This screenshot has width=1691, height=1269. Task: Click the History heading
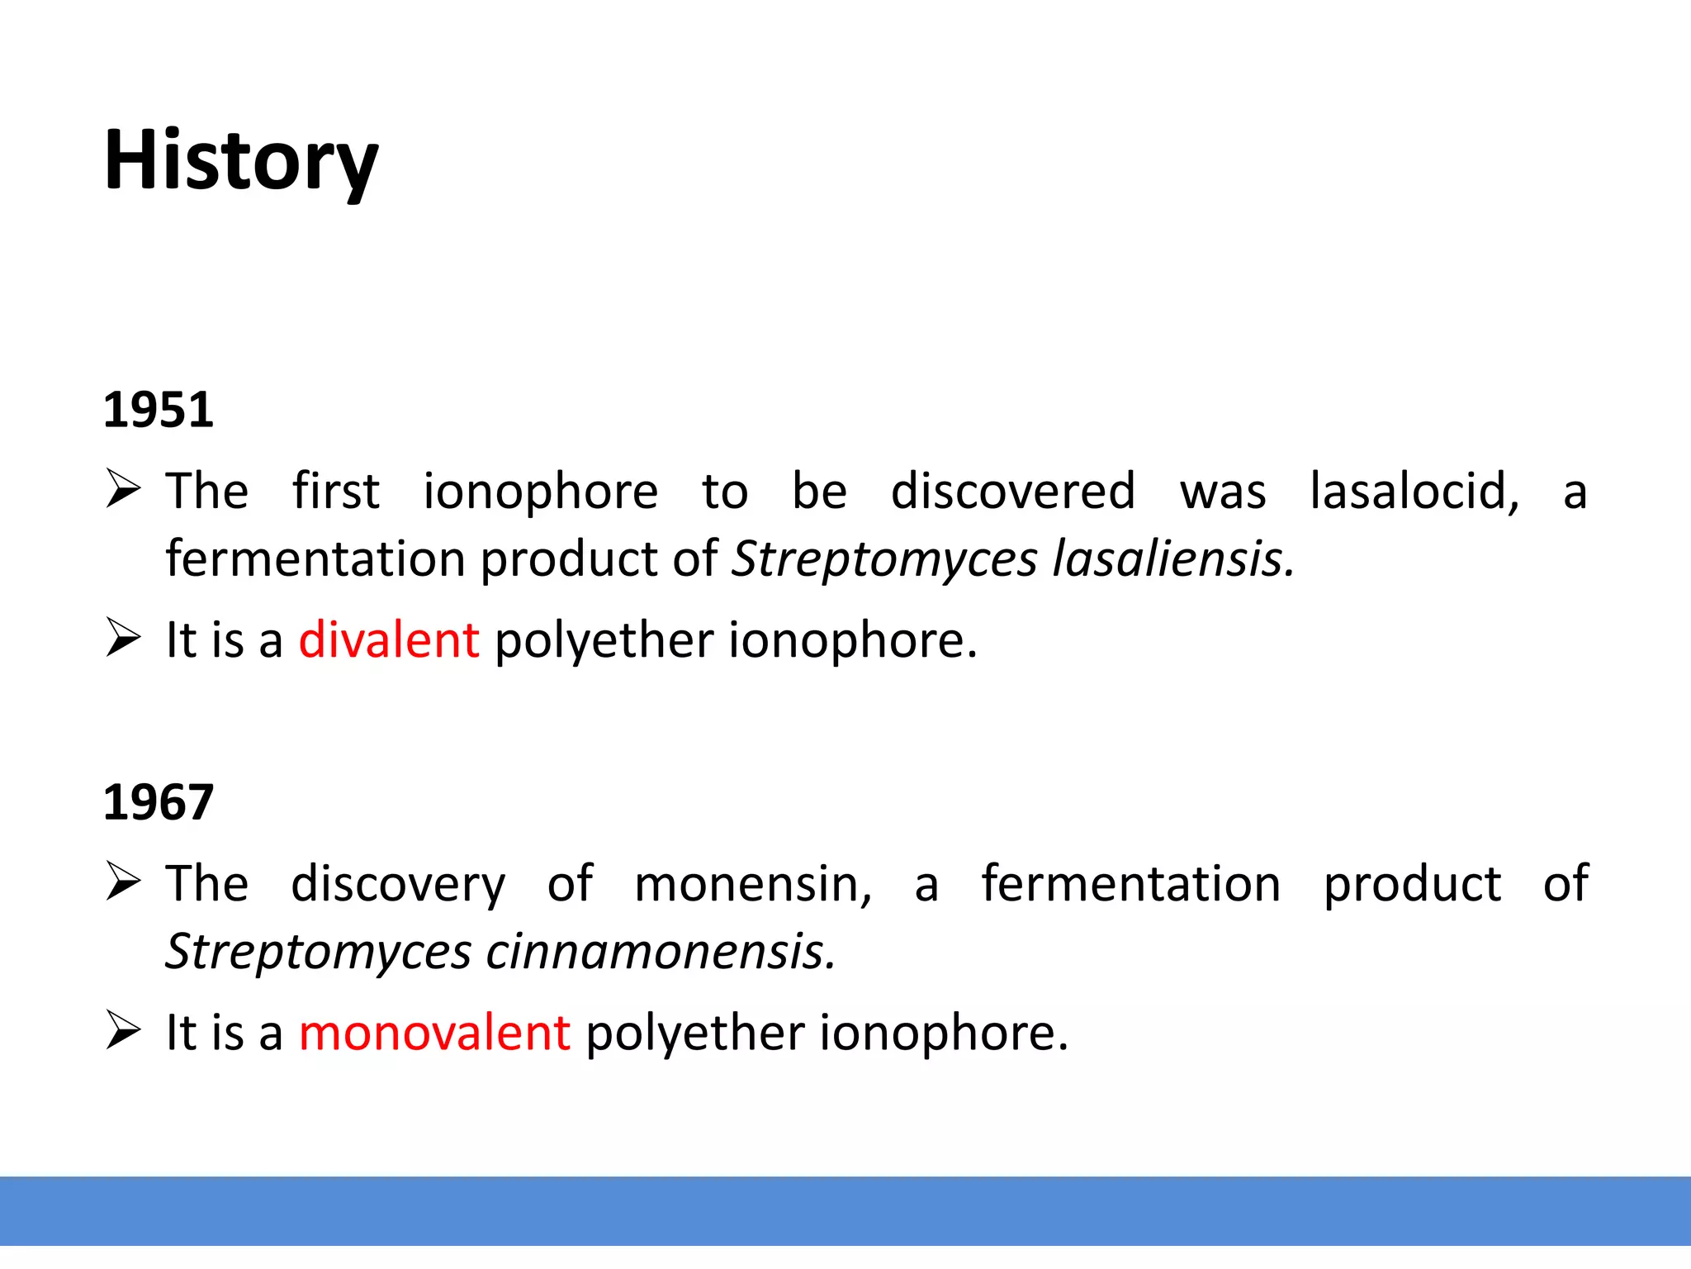pyautogui.click(x=240, y=161)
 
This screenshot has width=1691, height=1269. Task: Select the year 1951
pyautogui.click(x=158, y=410)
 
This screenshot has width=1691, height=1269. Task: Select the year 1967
pyautogui.click(x=158, y=802)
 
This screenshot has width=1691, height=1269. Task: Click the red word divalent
pyautogui.click(x=388, y=640)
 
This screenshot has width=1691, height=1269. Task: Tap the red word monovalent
pyautogui.click(x=433, y=1033)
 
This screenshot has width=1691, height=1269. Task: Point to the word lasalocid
pyautogui.click(x=1414, y=492)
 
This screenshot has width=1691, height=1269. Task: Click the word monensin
pyautogui.click(x=752, y=884)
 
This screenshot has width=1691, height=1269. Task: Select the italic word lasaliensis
pyautogui.click(x=1172, y=559)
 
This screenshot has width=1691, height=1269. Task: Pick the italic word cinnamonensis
pyautogui.click(x=661, y=952)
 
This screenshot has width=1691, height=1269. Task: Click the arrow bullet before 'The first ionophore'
pyautogui.click(x=123, y=489)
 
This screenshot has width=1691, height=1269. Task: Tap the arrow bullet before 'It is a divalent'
pyautogui.click(x=123, y=639)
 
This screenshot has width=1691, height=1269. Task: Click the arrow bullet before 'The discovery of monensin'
pyautogui.click(x=123, y=882)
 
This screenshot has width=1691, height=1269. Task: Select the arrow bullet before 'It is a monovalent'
pyautogui.click(x=123, y=1031)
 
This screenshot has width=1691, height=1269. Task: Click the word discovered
pyautogui.click(x=1012, y=492)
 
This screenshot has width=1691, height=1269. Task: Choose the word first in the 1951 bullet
pyautogui.click(x=335, y=492)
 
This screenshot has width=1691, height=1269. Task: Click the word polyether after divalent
pyautogui.click(x=603, y=642)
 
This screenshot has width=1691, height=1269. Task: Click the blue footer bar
pyautogui.click(x=845, y=1210)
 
